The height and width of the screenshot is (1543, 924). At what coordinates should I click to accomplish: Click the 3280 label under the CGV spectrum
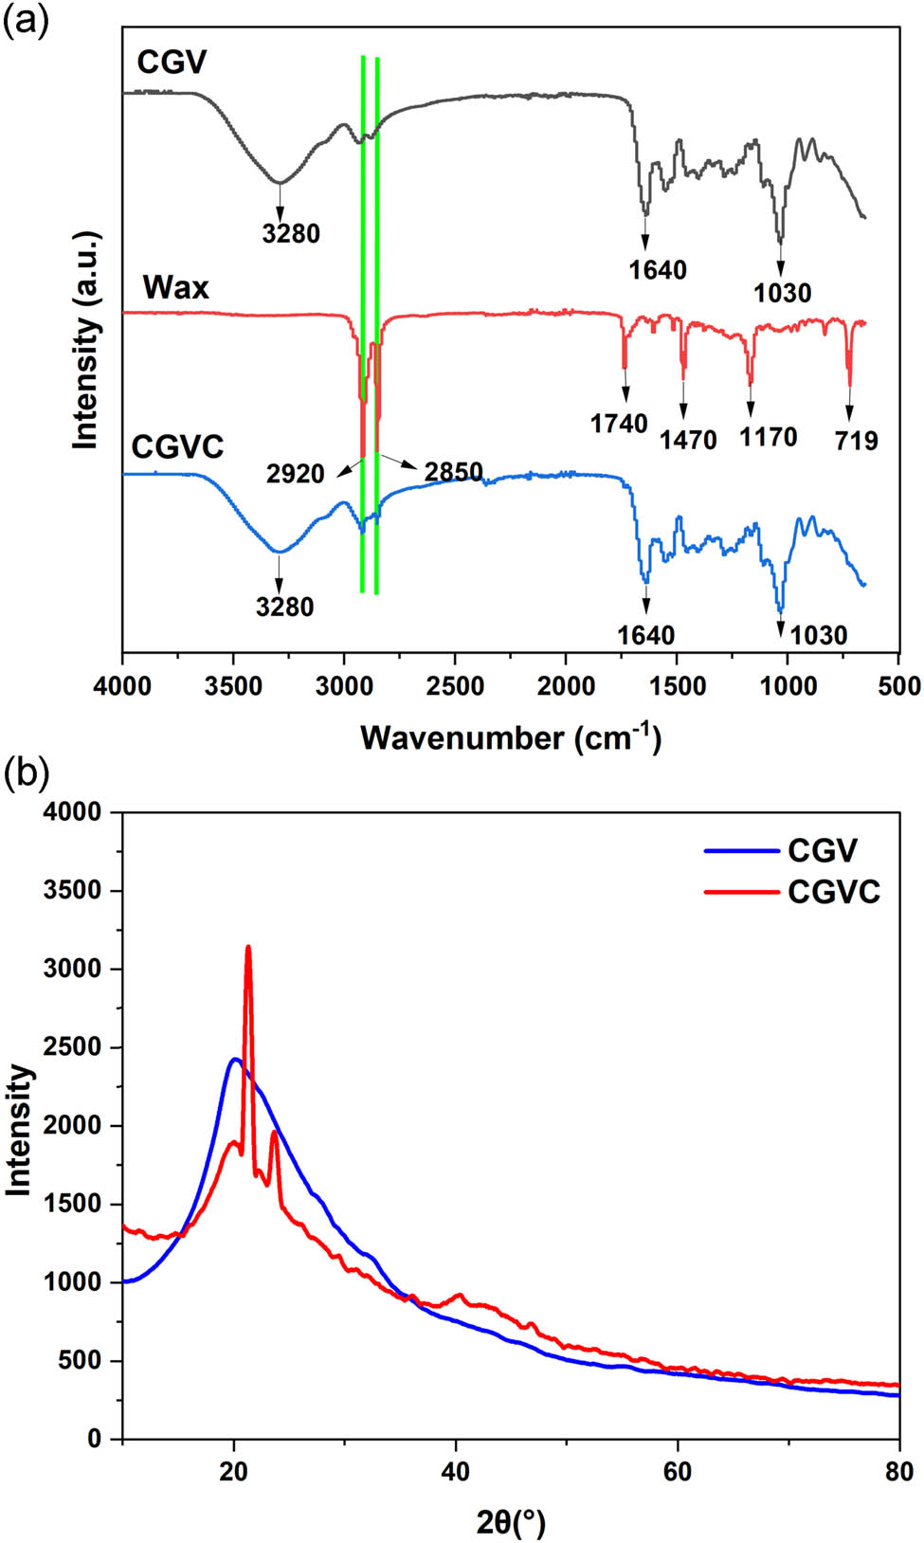(291, 232)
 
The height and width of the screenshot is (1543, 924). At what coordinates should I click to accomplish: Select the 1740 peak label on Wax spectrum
(619, 424)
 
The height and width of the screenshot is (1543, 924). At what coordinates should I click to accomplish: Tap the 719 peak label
(857, 440)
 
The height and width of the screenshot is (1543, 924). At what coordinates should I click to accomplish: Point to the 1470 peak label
(688, 439)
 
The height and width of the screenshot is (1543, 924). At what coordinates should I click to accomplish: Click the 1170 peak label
(768, 437)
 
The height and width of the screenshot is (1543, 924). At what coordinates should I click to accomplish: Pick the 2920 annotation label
(295, 474)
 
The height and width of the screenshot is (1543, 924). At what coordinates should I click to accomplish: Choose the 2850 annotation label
(453, 472)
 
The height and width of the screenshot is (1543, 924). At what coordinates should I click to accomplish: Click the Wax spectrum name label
(175, 287)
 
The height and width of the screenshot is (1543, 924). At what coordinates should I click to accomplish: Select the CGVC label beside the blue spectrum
(177, 445)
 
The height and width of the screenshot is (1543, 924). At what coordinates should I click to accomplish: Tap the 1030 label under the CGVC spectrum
(819, 635)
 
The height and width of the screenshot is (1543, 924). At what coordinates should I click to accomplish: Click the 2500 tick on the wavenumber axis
(455, 686)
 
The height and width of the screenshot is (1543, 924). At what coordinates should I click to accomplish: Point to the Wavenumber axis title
(511, 737)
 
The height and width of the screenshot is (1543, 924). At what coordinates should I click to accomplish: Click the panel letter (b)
(26, 775)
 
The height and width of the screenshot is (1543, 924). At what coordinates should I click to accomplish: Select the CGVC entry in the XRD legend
(834, 892)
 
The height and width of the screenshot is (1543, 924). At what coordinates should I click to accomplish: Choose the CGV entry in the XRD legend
(822, 850)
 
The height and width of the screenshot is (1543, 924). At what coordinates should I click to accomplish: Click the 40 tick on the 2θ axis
(456, 1471)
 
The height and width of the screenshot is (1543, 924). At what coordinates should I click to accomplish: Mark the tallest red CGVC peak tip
(248, 946)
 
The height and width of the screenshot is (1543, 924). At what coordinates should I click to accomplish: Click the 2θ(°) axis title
(511, 1523)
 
